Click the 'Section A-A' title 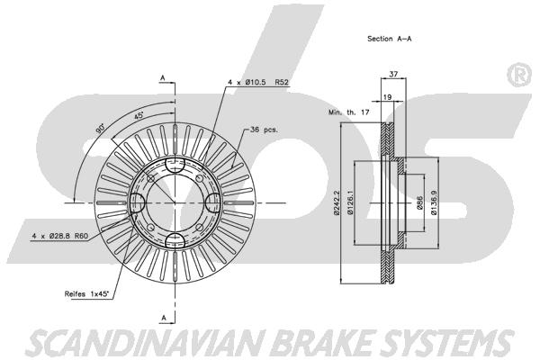tap(389, 40)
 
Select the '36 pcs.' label tap(265, 130)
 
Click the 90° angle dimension tap(100, 127)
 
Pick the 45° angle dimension tap(140, 117)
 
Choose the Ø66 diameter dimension tap(419, 203)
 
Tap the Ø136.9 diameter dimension tap(435, 203)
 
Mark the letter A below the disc tap(162, 318)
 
